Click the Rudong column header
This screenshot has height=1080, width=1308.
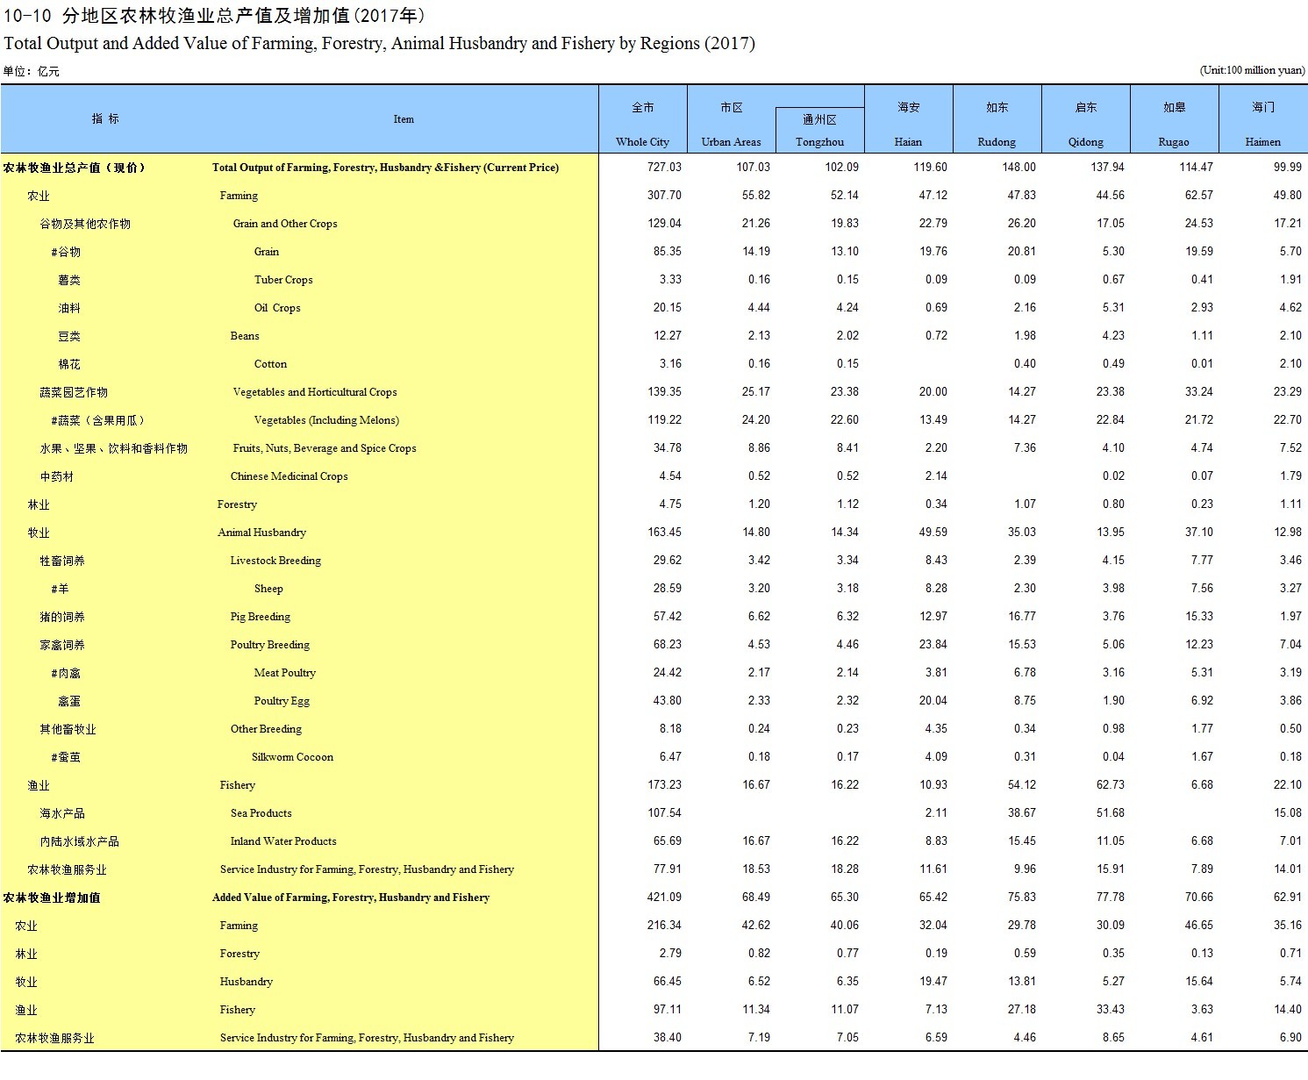997,141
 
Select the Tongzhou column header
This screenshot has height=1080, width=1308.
819,141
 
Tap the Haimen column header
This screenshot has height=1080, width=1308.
1262,141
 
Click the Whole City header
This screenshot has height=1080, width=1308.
642,141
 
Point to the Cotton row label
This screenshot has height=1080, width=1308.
270,364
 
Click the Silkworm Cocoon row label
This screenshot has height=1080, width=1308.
292,757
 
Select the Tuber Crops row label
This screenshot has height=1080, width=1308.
283,280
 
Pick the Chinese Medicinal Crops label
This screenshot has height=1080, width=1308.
289,476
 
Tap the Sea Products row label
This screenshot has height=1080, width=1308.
261,813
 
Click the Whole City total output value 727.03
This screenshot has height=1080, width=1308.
664,168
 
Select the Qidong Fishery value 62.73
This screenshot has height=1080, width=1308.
1110,785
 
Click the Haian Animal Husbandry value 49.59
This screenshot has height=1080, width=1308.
933,533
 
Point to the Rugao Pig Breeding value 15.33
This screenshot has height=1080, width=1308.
1198,617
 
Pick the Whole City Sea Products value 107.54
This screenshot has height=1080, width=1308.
664,813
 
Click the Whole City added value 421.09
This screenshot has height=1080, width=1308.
664,898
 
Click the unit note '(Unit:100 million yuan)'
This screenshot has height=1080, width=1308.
1252,70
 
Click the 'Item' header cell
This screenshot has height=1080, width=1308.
404,119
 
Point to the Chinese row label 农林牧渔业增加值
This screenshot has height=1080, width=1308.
52,898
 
